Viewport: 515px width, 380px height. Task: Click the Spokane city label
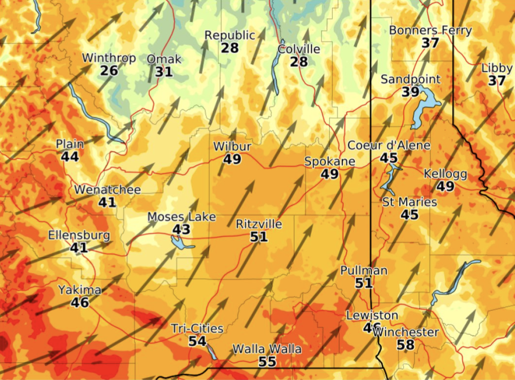pos(329,162)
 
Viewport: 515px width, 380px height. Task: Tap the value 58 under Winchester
pos(405,345)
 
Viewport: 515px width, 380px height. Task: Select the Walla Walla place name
pos(267,349)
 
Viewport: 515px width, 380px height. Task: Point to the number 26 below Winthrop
pos(109,70)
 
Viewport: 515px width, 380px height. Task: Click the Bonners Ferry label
pos(430,31)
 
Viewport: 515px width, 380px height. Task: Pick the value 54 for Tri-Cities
pos(197,341)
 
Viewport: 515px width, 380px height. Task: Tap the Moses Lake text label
pos(181,217)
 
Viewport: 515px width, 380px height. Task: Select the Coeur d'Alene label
pos(389,146)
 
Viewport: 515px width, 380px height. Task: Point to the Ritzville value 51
pos(259,237)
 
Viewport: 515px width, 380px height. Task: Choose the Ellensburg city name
pos(79,235)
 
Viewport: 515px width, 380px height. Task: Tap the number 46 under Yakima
pos(80,302)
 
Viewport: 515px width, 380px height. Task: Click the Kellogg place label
pos(445,174)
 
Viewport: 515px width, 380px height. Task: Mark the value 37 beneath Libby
pos(497,81)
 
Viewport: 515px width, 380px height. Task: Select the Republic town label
pos(230,35)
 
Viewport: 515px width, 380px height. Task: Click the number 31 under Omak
pos(164,71)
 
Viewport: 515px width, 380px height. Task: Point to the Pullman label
pos(364,271)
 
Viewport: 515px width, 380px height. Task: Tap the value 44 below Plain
pos(70,156)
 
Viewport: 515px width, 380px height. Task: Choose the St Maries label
pos(409,202)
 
